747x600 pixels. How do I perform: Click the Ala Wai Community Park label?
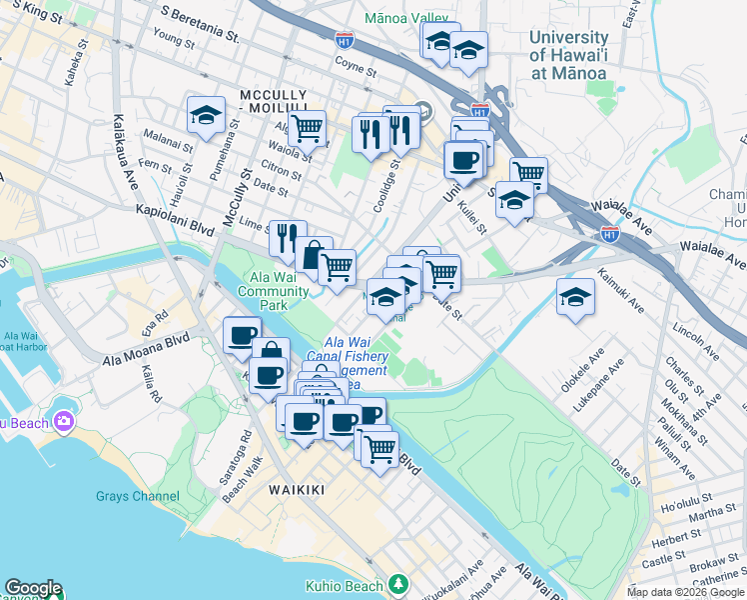tap(273, 291)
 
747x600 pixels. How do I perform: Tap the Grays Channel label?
tap(138, 496)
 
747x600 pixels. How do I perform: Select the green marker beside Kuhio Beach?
tap(399, 583)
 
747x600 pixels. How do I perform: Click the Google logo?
tap(33, 588)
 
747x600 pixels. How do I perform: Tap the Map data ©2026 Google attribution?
tap(685, 592)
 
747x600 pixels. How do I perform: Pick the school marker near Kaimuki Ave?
tap(576, 296)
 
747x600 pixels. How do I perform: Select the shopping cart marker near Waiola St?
tap(308, 127)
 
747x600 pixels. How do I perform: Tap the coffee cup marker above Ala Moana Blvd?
tap(242, 335)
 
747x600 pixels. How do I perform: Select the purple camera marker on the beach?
tap(64, 422)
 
